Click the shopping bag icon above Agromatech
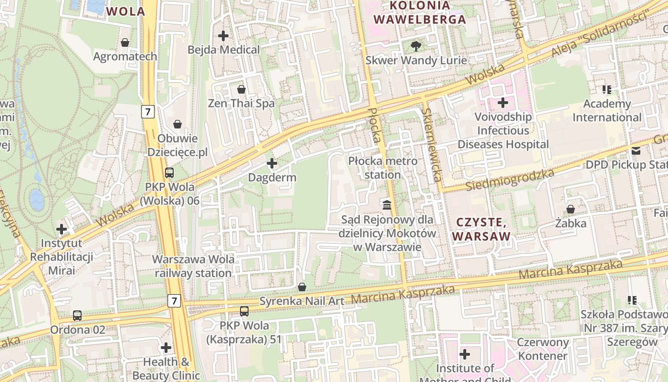pyautogui.click(x=125, y=43)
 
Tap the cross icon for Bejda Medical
pyautogui.click(x=223, y=36)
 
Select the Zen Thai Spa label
pyautogui.click(x=241, y=103)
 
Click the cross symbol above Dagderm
pyautogui.click(x=272, y=164)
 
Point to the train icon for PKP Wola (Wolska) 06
pyautogui.click(x=169, y=173)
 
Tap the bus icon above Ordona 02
pyautogui.click(x=77, y=316)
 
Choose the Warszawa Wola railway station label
pyautogui.click(x=193, y=266)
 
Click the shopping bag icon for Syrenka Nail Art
pyautogui.click(x=302, y=287)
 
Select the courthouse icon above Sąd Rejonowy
pyautogui.click(x=387, y=205)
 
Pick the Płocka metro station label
pyautogui.click(x=383, y=168)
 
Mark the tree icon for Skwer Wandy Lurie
pyautogui.click(x=416, y=46)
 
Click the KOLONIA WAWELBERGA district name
pyautogui.click(x=420, y=12)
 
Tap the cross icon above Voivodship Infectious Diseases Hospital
pyautogui.click(x=503, y=103)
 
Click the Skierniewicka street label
pyautogui.click(x=430, y=145)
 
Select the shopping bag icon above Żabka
pyautogui.click(x=570, y=209)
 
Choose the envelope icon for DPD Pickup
pyautogui.click(x=636, y=151)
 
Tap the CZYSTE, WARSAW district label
pyautogui.click(x=481, y=229)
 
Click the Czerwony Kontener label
pyautogui.click(x=543, y=349)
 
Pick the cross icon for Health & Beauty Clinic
pyautogui.click(x=166, y=348)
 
